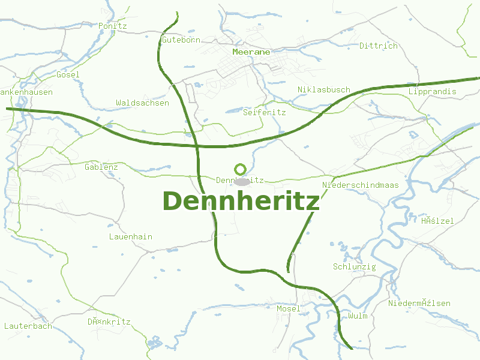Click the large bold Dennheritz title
click(241, 201)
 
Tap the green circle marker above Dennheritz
click(241, 169)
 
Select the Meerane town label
click(251, 52)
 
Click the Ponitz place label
click(113, 26)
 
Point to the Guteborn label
click(181, 40)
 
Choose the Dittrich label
click(378, 46)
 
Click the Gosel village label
click(68, 75)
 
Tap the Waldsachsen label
click(142, 103)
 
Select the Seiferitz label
click(264, 112)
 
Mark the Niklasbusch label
click(323, 90)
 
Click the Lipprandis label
click(432, 92)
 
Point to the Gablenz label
click(101, 167)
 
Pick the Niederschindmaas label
click(360, 185)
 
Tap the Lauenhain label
click(130, 237)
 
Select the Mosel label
click(288, 308)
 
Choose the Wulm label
click(358, 316)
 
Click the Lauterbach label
click(28, 326)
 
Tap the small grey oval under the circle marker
click(242, 181)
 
